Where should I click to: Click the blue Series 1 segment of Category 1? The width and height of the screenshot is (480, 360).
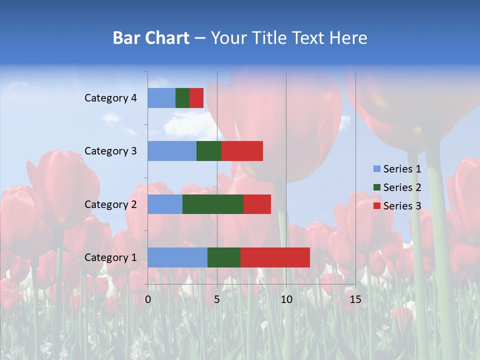coord(177,257)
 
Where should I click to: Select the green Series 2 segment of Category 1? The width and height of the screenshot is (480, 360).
coord(224,257)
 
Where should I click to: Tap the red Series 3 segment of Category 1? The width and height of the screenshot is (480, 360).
coord(275,257)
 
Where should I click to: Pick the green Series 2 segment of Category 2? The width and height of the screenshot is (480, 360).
coord(213,204)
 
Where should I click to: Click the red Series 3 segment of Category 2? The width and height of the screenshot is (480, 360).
coord(257,204)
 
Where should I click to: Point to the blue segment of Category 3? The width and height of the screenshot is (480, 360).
coord(172,151)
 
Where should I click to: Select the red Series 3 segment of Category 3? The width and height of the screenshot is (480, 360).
coord(242,151)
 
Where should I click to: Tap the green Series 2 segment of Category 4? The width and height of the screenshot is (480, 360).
coord(182,98)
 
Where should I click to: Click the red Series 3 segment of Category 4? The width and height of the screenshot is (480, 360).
coord(196,98)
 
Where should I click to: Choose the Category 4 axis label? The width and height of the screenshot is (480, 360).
coord(110,98)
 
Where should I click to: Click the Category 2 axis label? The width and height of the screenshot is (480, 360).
coord(110,204)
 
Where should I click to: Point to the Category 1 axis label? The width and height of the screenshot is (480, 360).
coord(110,257)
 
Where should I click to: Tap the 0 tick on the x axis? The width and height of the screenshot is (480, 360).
coord(148,299)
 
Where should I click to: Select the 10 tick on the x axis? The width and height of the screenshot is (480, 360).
coord(286,299)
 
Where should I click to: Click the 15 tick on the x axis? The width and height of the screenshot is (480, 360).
coord(355,299)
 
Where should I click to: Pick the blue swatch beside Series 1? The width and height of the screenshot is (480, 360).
coord(376,169)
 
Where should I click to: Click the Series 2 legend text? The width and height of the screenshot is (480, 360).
coord(402,187)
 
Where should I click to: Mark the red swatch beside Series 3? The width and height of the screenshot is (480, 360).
coord(376,206)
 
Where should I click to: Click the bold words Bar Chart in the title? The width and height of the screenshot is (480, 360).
coord(151,38)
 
